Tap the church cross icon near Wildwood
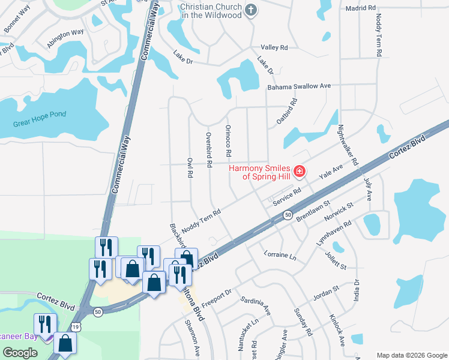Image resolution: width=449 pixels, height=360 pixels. (251, 10)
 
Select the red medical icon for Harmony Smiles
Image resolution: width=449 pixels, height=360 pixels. (299, 173)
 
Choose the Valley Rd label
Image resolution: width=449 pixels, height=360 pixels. (274, 47)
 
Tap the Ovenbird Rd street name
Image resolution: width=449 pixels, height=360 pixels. (209, 149)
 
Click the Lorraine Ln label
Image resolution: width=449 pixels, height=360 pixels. (280, 255)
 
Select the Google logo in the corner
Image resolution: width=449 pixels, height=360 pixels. (20, 353)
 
